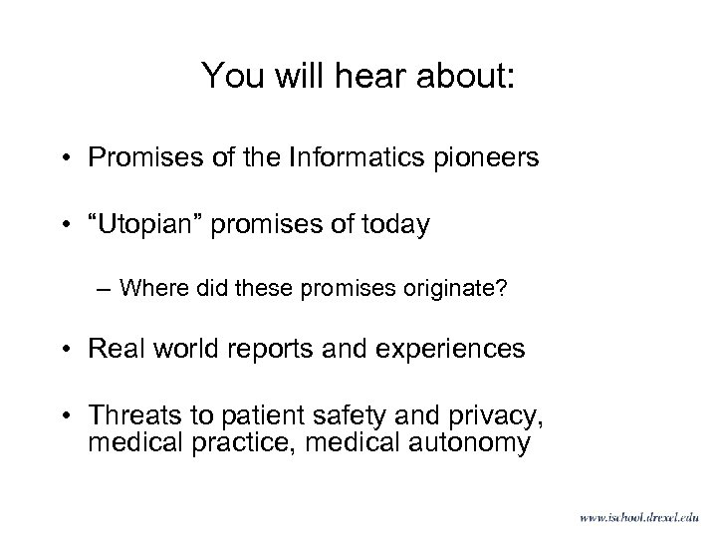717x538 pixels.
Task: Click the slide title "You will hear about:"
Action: coord(358,77)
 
